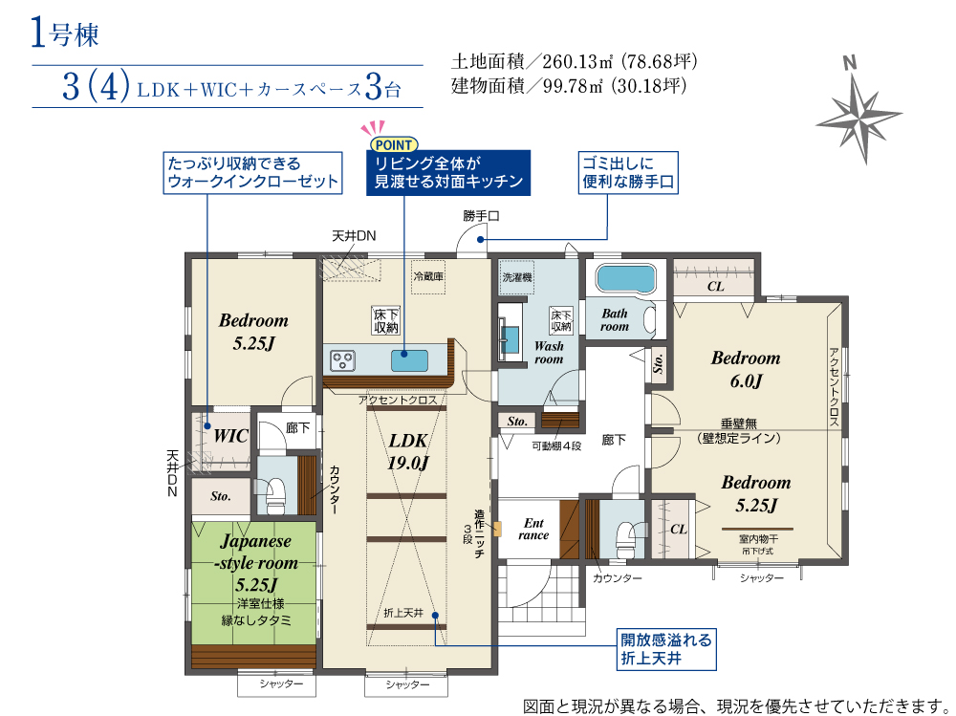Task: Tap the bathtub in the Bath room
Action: pos(626,278)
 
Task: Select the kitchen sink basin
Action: pos(409,360)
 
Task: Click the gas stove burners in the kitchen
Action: pos(342,360)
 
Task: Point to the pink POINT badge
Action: pos(394,144)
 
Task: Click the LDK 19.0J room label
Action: pos(408,451)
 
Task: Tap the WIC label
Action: pos(230,436)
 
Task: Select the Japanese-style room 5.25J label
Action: pos(256,563)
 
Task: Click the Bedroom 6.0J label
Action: pos(746,369)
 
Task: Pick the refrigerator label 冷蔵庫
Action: pos(428,276)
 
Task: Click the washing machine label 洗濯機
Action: pos(517,277)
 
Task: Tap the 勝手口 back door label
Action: pos(481,215)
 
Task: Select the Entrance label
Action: pos(533,529)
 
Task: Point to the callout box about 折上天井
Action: pos(665,649)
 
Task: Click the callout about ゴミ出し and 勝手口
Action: pos(628,173)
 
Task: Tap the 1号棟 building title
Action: pos(65,33)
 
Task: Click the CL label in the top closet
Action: pos(715,286)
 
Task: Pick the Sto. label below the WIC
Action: pos(220,496)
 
